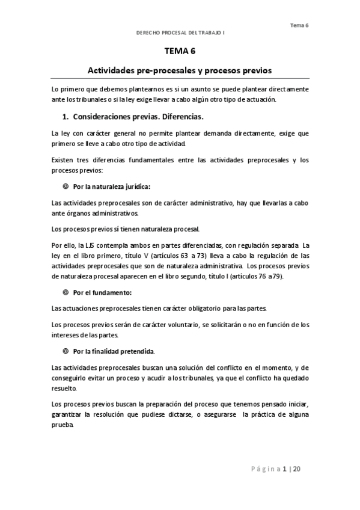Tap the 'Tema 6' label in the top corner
coord(299,25)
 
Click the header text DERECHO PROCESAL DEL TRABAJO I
coord(180,34)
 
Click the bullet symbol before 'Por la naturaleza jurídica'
coord(65,186)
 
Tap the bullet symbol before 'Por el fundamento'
coord(65,293)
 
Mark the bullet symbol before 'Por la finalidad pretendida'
coord(65,350)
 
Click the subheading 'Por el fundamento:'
coord(102,293)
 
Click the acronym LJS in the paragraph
coord(92,245)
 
